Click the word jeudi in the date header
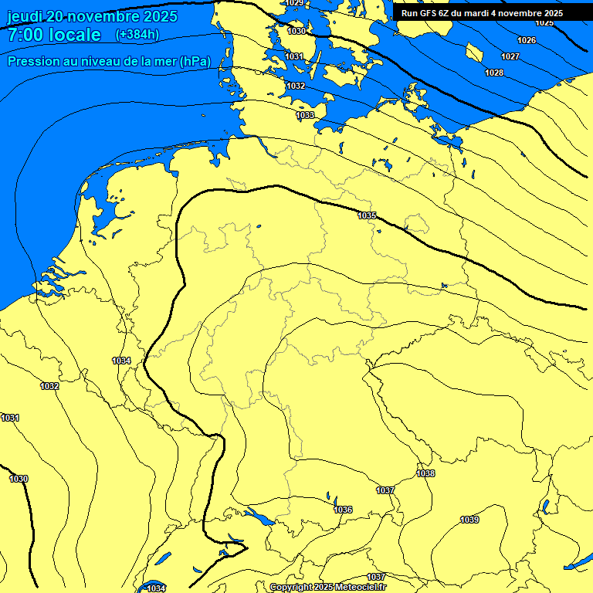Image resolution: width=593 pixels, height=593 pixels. [25, 16]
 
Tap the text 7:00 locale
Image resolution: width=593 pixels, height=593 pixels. [54, 35]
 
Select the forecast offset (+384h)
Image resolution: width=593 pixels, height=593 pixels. [137, 35]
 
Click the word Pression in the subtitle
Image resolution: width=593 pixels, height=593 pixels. [33, 62]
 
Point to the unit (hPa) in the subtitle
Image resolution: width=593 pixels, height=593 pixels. [195, 62]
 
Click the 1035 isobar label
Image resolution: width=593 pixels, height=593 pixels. [367, 215]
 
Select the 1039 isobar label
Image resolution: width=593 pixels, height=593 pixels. [469, 520]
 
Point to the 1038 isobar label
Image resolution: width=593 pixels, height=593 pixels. [425, 473]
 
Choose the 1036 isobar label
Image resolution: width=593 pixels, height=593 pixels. [343, 510]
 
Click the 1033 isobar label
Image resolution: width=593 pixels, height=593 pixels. [305, 115]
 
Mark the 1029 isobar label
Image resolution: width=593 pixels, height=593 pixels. [294, 3]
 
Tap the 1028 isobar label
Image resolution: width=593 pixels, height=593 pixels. [494, 73]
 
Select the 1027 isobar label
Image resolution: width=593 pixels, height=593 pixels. [510, 56]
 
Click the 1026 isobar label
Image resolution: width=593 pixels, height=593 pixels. [527, 40]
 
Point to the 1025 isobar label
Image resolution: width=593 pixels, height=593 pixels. [544, 22]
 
